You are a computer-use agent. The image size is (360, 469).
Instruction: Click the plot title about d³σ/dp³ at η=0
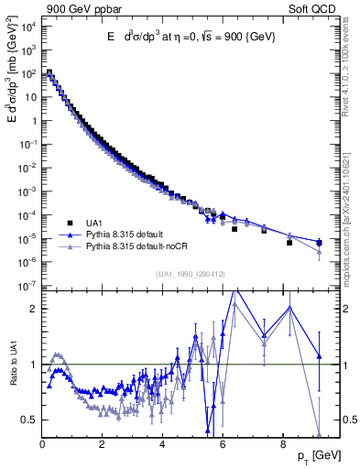tap(191, 36)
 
